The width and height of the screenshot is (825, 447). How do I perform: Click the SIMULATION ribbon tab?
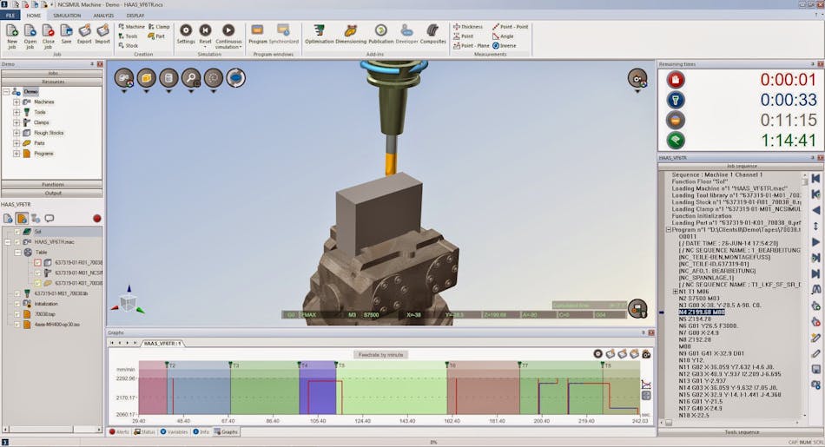(x=67, y=15)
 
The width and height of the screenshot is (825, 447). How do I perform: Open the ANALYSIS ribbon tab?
(x=102, y=15)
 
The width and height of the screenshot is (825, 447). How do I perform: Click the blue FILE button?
(x=11, y=15)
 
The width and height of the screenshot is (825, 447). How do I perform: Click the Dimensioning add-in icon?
(x=350, y=34)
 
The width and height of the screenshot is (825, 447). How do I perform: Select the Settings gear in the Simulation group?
(x=186, y=34)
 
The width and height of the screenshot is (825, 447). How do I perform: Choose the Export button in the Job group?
(x=84, y=34)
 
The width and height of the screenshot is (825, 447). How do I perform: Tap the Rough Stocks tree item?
(x=48, y=133)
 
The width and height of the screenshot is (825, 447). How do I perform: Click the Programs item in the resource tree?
(x=43, y=154)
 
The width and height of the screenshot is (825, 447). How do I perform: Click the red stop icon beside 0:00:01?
(x=676, y=80)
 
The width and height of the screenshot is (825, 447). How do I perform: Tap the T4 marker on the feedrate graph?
(x=304, y=365)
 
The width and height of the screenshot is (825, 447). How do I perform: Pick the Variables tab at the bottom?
(x=176, y=431)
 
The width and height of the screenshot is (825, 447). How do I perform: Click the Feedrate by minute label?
(x=380, y=355)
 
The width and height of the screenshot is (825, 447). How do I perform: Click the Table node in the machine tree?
(x=40, y=252)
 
